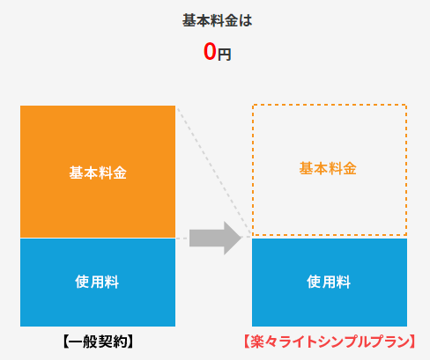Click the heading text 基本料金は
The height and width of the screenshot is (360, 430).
(217, 21)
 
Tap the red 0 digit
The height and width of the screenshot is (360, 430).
(210, 52)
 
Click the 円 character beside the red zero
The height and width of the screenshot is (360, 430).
(224, 55)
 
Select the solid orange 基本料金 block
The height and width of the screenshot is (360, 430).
(98, 172)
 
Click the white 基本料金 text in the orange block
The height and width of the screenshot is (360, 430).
(98, 173)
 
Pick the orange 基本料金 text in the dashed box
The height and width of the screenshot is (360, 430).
(328, 169)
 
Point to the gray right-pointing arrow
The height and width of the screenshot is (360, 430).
(215, 238)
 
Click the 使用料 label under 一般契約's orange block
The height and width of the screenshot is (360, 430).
(97, 282)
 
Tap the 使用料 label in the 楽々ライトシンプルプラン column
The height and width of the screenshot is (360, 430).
(329, 282)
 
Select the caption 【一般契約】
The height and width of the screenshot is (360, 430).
(98, 342)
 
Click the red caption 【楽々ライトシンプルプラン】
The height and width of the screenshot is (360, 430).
(330, 342)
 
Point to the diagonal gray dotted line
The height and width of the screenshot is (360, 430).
(214, 172)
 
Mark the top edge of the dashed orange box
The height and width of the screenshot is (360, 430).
(330, 105)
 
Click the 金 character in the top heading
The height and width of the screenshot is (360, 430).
(231, 21)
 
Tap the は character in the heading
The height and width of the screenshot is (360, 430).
(246, 21)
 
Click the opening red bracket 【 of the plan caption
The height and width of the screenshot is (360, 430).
(247, 342)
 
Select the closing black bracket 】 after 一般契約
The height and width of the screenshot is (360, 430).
(130, 342)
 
